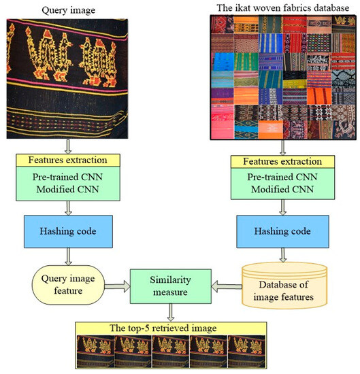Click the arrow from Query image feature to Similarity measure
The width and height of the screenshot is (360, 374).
point(120,284)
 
